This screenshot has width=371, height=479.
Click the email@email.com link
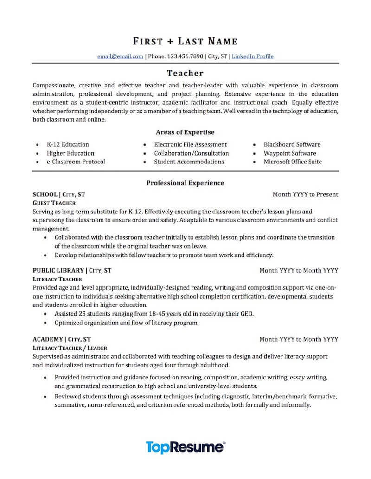(x=120, y=56)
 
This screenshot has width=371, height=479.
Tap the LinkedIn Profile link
(x=252, y=56)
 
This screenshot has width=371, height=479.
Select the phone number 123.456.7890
(x=185, y=56)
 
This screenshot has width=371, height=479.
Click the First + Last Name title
(x=185, y=42)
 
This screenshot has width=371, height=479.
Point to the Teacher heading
(x=185, y=73)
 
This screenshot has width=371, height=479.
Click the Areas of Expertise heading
(x=185, y=132)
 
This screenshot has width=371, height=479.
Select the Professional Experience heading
(x=185, y=183)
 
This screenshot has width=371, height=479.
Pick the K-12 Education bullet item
(x=68, y=144)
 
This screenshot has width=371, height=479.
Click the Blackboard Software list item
(x=292, y=144)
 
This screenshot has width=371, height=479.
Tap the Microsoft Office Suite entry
(x=293, y=162)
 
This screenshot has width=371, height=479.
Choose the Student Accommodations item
(x=189, y=162)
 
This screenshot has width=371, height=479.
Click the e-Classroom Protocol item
(x=76, y=162)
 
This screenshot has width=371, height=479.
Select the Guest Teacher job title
(x=54, y=203)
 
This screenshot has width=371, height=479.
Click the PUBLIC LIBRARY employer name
(x=58, y=270)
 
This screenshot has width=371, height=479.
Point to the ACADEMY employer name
(x=48, y=339)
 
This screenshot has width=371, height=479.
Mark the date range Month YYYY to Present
(x=305, y=194)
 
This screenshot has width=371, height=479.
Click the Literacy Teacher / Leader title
(x=70, y=348)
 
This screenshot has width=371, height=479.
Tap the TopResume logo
(x=185, y=447)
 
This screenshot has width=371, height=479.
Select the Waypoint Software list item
(x=290, y=153)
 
